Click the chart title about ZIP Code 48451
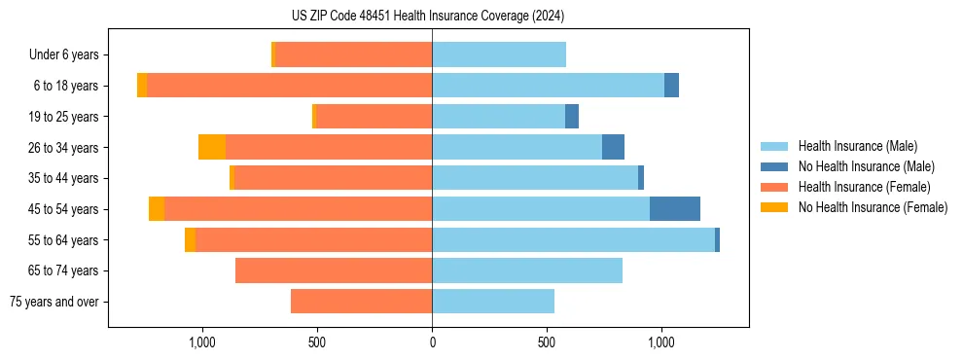[x=428, y=16]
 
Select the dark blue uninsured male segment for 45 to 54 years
[x=675, y=209]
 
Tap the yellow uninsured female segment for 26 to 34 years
[x=212, y=147]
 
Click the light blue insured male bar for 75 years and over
[x=493, y=302]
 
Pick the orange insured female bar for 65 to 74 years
[x=334, y=270]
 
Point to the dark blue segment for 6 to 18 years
[x=671, y=86]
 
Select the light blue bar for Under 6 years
[x=499, y=54]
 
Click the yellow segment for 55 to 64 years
[x=191, y=240]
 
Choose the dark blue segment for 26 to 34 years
[x=613, y=147]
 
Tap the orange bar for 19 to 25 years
[x=374, y=117]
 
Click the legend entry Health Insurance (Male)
[x=857, y=146]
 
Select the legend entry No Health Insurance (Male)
[x=866, y=166]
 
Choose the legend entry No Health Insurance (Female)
[x=873, y=207]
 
